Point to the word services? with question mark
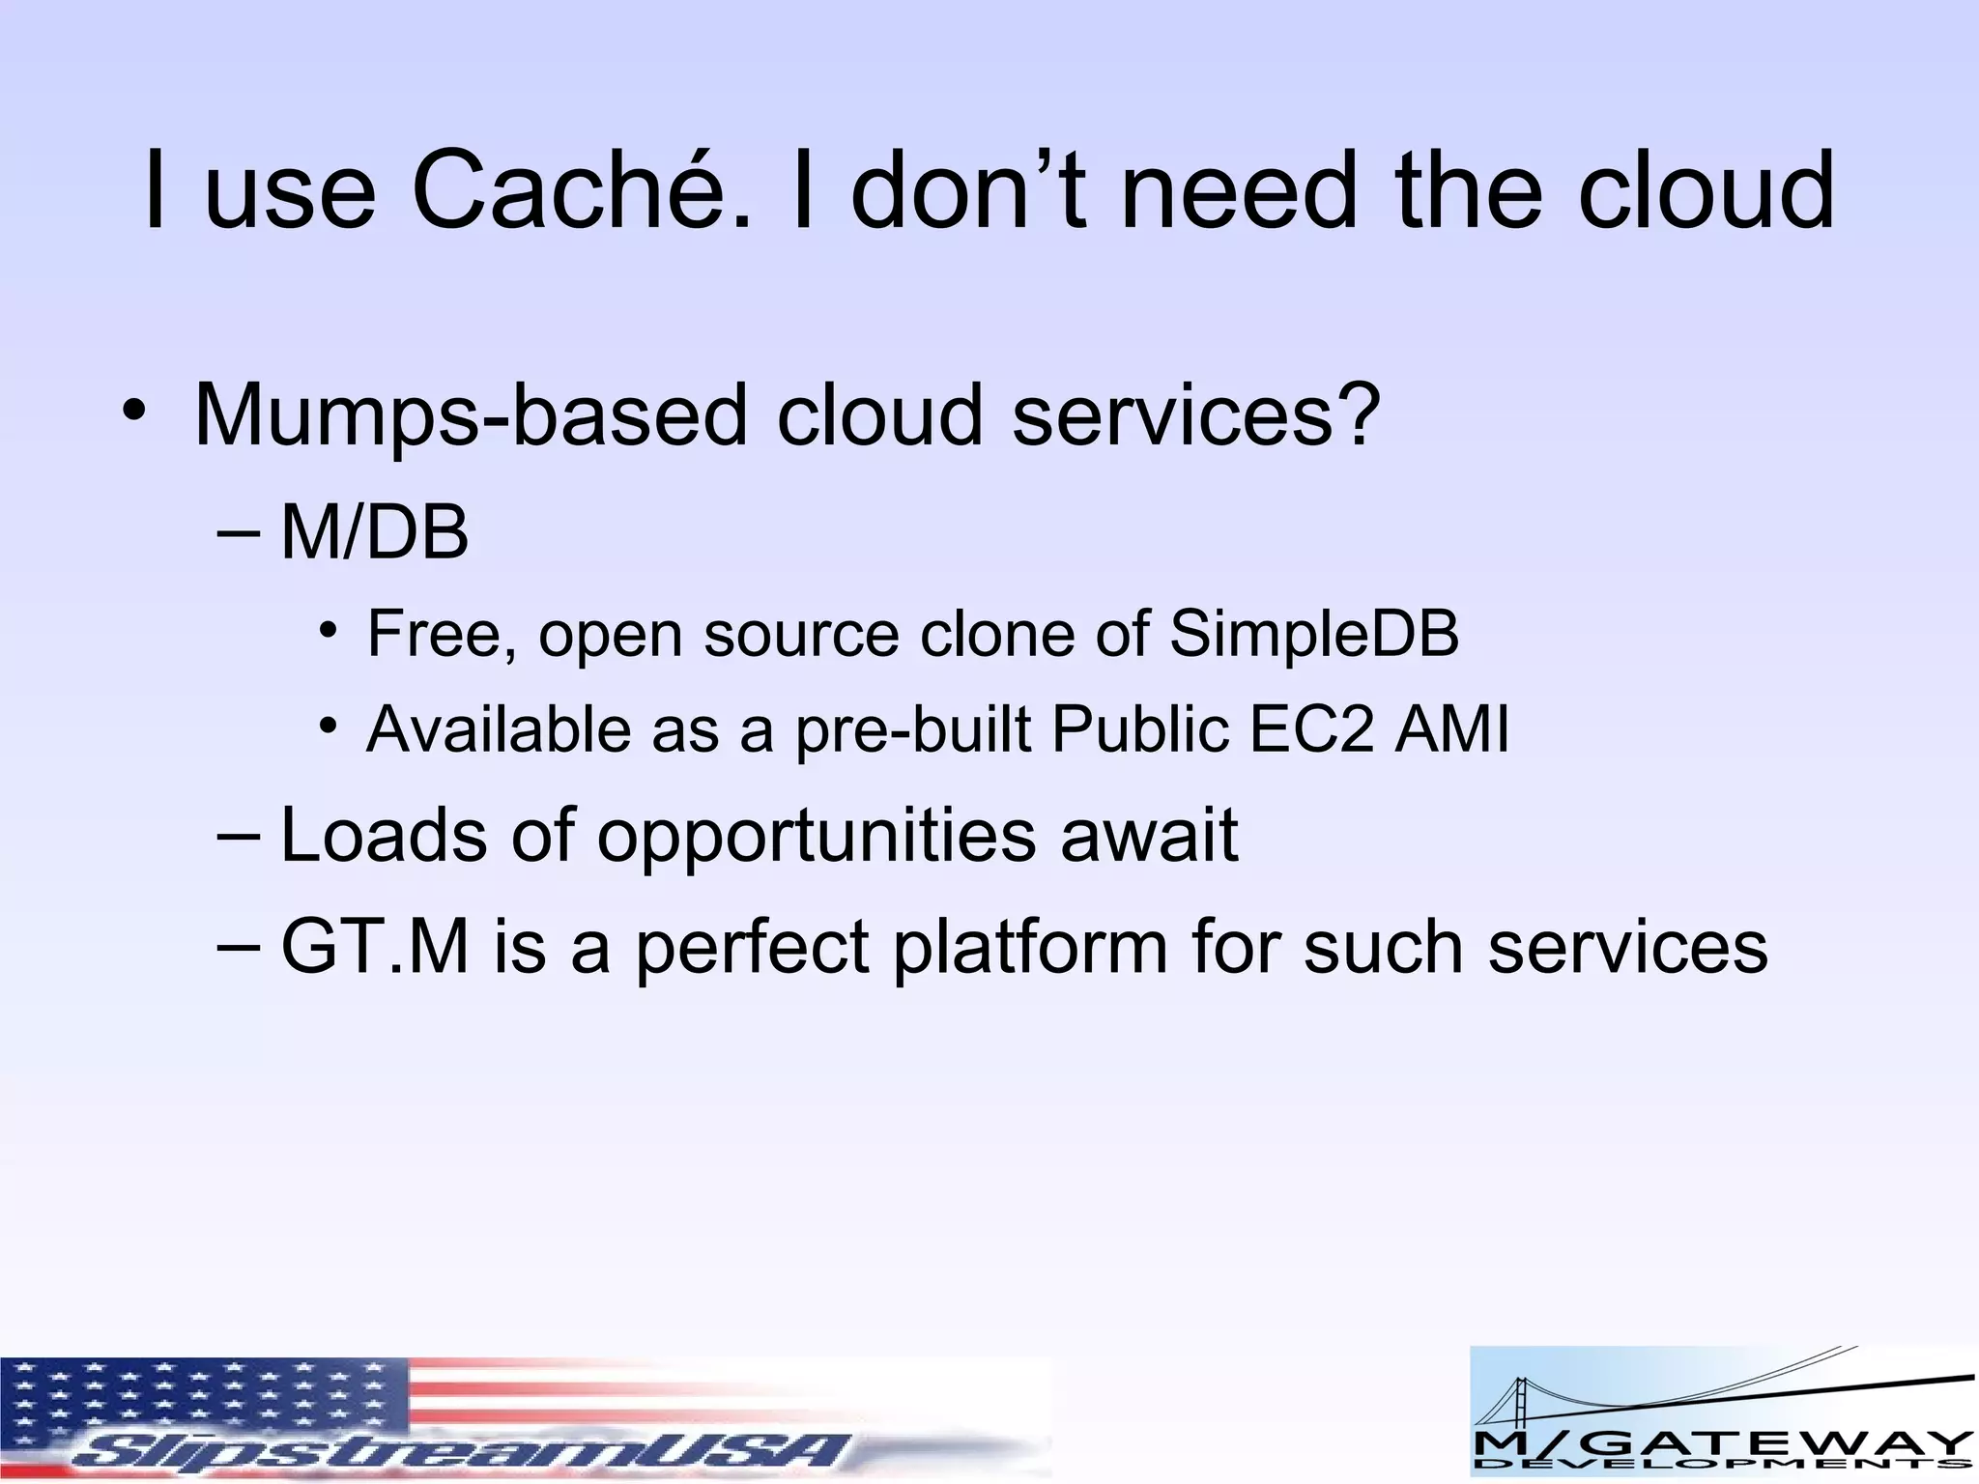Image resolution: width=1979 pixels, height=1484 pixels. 1197,416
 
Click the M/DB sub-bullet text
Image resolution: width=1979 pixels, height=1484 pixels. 374,533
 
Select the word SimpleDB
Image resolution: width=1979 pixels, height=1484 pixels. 1313,634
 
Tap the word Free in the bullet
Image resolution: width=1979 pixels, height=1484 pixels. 440,634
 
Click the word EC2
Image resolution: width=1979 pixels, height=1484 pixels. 1310,728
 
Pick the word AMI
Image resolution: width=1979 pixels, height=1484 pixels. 1451,728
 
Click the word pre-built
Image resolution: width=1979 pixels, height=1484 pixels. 913,730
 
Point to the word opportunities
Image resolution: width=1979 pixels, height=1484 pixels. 816,837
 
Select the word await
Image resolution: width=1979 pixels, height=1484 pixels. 1149,835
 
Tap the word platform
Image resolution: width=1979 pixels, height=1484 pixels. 1030,948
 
